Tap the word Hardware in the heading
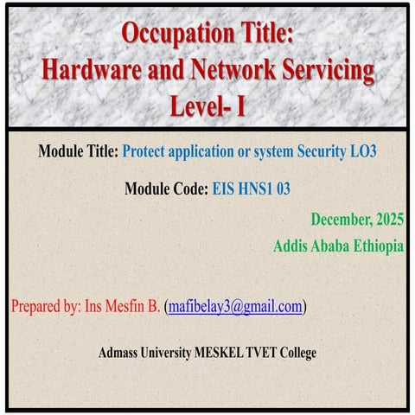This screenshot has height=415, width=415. pos(94,72)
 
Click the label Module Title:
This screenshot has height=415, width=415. pos(78,151)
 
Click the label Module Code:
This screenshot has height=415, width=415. pos(167,188)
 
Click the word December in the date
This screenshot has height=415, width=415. pos(341,220)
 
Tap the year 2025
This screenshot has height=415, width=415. pos(388,220)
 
